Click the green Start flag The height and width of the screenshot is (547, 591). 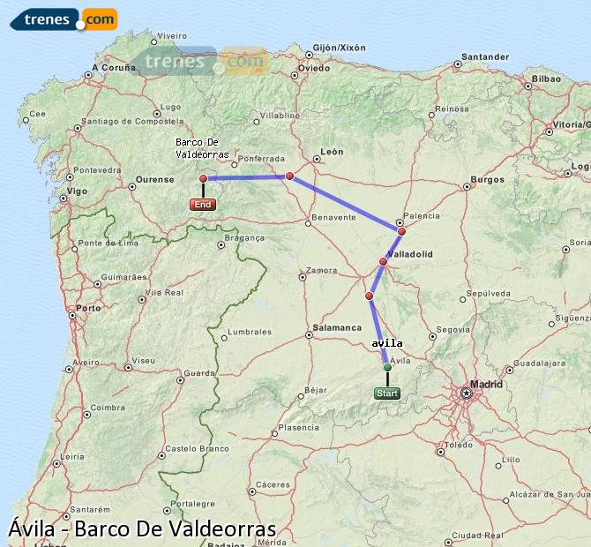click(386, 393)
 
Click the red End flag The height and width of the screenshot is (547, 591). click(203, 205)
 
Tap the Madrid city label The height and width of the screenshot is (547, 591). click(486, 384)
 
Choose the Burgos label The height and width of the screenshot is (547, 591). click(487, 179)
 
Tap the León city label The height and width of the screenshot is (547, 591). click(332, 152)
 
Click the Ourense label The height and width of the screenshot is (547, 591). click(154, 180)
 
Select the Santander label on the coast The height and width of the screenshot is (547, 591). click(485, 57)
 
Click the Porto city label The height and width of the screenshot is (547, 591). click(88, 309)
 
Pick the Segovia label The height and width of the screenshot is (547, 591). click(453, 329)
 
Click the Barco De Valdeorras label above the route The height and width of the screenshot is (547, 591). click(202, 148)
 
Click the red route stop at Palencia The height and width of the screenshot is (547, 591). click(401, 231)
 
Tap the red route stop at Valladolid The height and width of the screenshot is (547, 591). click(383, 261)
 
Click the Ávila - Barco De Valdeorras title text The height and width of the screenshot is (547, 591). click(142, 529)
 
